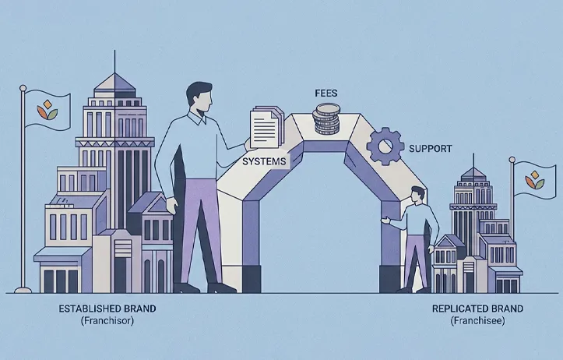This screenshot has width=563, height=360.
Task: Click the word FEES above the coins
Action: point(326,94)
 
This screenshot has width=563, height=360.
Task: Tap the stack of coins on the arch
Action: point(326,118)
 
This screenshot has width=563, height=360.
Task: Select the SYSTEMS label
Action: point(264,161)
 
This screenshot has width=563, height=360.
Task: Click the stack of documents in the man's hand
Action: point(266,127)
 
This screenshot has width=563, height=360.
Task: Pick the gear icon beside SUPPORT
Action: point(385,146)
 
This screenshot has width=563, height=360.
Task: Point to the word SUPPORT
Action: point(430,148)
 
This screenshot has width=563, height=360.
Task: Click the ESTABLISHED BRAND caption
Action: point(107,309)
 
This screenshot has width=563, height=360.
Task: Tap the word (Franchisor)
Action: point(107,320)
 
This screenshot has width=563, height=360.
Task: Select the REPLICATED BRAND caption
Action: point(477,309)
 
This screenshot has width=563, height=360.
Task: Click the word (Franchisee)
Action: point(477,320)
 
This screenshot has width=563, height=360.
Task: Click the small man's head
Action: point(417,195)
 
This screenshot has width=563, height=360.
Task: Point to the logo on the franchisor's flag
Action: point(47,110)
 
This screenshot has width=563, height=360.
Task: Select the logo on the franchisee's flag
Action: point(535,180)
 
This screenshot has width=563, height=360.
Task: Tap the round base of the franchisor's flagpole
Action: point(23,290)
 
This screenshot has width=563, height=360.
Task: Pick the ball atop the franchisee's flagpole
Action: point(512,160)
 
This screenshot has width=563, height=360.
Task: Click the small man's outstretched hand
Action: point(385,221)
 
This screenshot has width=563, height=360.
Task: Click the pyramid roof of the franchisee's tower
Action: point(473,174)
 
